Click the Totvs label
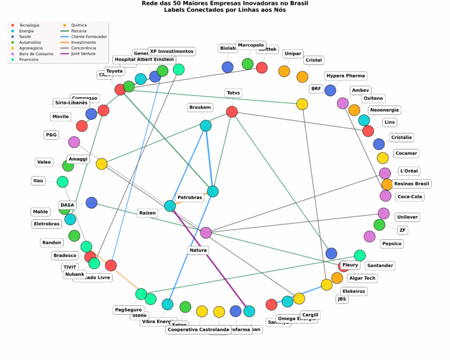(233, 93)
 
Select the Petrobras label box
(190, 198)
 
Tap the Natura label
(198, 250)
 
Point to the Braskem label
(200, 107)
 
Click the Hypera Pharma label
(346, 76)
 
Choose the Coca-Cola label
(413, 196)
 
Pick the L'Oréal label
(408, 171)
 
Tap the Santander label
(380, 266)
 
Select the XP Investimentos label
(171, 51)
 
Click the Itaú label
(39, 181)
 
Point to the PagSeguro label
(128, 309)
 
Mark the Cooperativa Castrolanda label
(198, 330)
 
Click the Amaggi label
(78, 159)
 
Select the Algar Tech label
(362, 278)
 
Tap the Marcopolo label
(251, 45)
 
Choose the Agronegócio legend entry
(29, 48)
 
